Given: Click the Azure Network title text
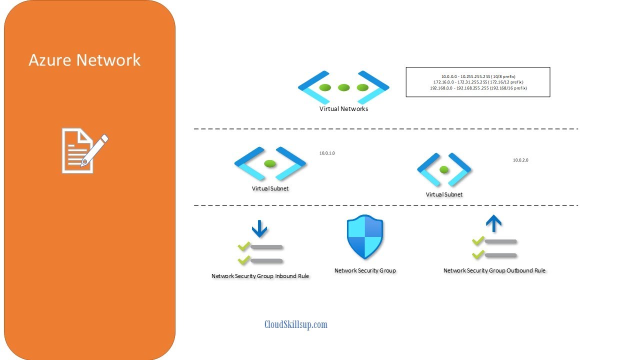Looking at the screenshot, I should click(x=84, y=60).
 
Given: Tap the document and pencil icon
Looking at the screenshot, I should click(x=84, y=150).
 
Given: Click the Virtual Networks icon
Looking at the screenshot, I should click(x=343, y=87).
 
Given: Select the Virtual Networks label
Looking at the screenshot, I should click(x=343, y=108).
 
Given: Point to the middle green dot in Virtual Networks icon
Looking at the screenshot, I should click(x=343, y=87).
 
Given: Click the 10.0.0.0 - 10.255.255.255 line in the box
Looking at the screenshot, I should click(x=478, y=76).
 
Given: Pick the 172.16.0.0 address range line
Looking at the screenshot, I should click(x=478, y=82).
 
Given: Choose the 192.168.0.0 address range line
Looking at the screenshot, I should click(x=478, y=88).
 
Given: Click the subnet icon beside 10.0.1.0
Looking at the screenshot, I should click(x=270, y=163).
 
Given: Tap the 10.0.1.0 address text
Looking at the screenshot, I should click(x=327, y=153).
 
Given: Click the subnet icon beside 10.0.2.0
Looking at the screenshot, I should click(x=444, y=169).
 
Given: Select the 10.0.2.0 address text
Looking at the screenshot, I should click(x=520, y=160).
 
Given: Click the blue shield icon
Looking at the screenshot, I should click(x=365, y=237).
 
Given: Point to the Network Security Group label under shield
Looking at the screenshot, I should click(x=365, y=270).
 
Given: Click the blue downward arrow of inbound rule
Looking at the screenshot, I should click(x=259, y=229).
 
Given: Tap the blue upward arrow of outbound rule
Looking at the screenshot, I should click(x=494, y=224).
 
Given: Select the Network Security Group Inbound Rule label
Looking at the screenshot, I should click(x=260, y=276).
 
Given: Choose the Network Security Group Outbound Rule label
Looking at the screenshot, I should click(x=494, y=270).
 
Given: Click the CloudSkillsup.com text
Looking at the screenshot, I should click(x=296, y=324).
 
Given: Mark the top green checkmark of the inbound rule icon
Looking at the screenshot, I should click(x=244, y=246).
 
